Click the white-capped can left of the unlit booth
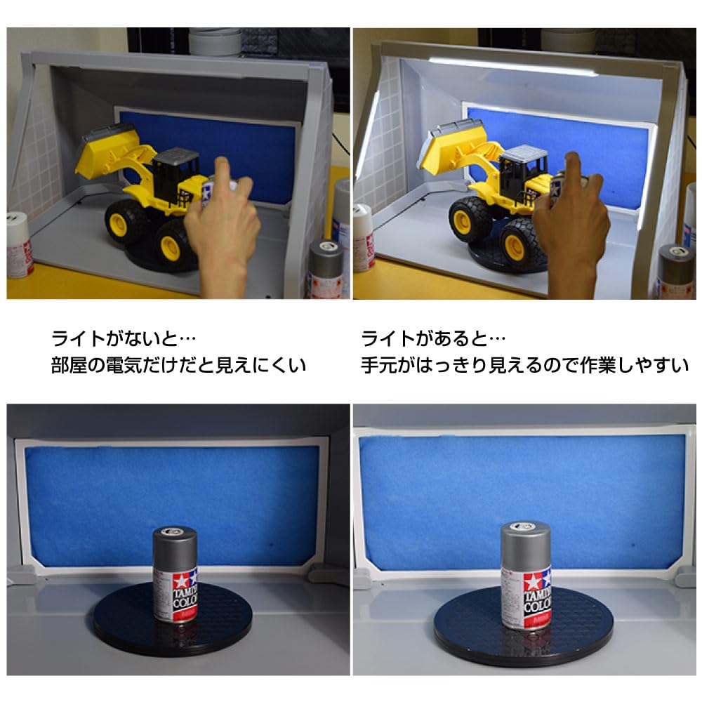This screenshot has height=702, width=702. (19, 246)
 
